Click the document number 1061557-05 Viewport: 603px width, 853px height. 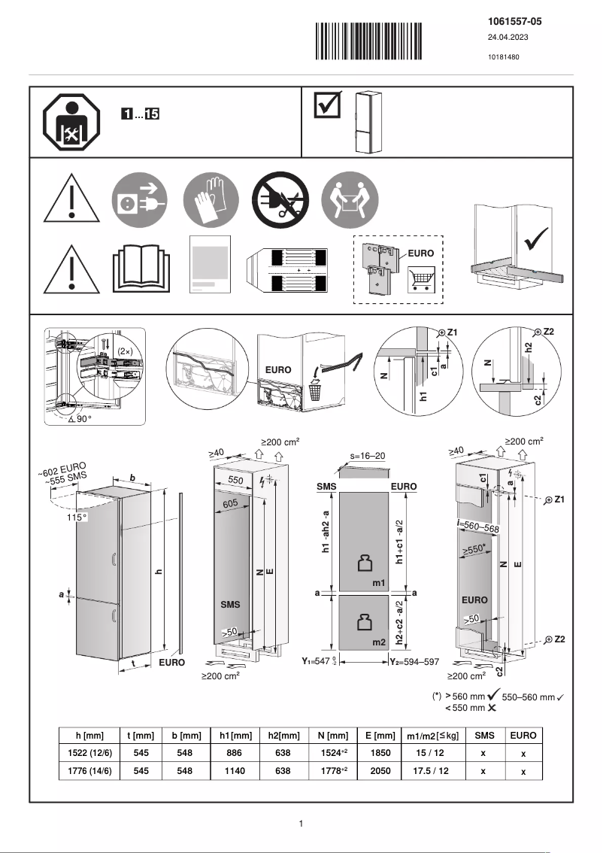click(515, 22)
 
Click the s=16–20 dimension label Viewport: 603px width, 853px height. click(368, 456)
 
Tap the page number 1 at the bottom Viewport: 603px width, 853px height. click(301, 824)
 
